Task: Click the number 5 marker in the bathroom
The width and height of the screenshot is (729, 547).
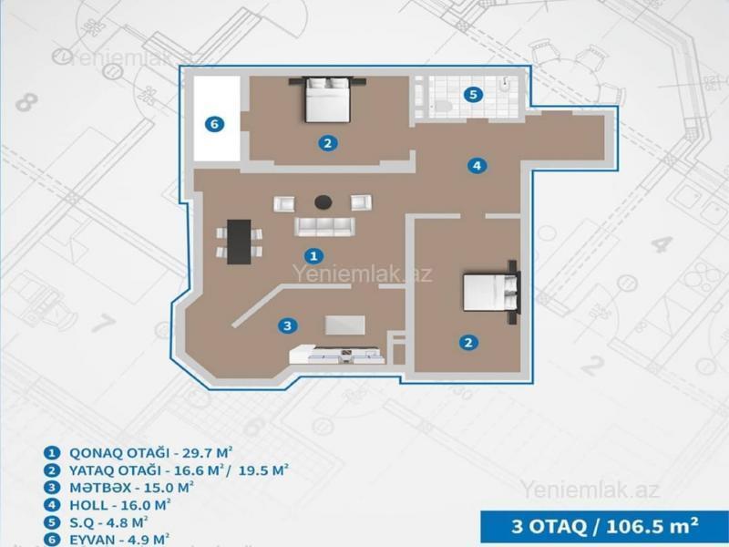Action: coord(473,95)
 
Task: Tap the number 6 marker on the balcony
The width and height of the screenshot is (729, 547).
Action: coord(214,124)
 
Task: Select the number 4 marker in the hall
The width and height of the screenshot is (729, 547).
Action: coord(477,165)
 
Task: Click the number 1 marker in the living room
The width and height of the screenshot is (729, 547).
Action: coord(313,255)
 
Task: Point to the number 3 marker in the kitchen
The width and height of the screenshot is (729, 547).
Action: coord(287,325)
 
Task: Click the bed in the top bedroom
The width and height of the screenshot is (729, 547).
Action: coord(327,99)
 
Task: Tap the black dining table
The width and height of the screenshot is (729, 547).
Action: coord(239,242)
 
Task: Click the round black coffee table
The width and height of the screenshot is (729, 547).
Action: coord(323,201)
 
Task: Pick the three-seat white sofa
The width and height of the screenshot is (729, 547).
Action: coord(324,226)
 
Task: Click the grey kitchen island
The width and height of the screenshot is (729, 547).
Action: coord(345,325)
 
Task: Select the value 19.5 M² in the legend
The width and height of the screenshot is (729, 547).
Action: coord(263,470)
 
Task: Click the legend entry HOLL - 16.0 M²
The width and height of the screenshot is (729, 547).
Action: coord(120,504)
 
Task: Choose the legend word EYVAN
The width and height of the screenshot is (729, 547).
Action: coord(92,540)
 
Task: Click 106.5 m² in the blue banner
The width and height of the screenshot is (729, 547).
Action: coord(652,526)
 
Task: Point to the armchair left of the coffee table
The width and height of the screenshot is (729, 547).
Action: coord(283,203)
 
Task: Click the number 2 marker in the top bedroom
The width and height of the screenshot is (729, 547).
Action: coord(328,143)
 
